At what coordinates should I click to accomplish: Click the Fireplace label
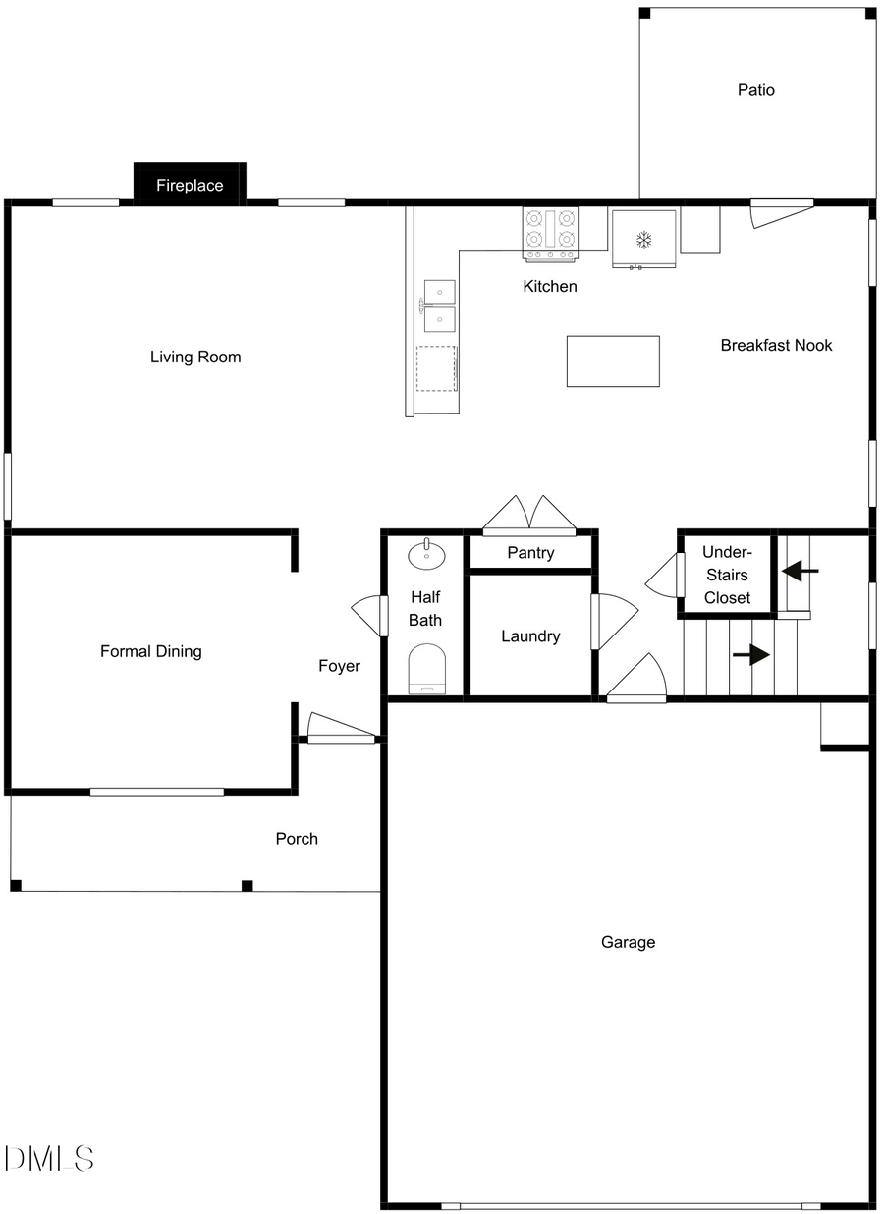190,185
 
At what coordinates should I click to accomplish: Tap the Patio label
756,90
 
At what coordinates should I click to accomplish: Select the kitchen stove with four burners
550,234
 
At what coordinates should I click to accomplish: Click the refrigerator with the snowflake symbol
644,239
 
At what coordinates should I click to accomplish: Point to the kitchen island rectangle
613,361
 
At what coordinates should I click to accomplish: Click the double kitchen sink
439,306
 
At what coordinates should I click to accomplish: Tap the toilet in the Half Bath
426,669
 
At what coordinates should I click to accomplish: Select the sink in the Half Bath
426,554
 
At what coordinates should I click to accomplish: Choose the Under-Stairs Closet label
727,576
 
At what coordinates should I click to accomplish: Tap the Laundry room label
530,636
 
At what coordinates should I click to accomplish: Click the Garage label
628,942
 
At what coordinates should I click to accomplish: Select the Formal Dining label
151,651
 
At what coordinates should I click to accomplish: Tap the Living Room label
195,357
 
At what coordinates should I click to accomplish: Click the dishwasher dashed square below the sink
436,367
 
